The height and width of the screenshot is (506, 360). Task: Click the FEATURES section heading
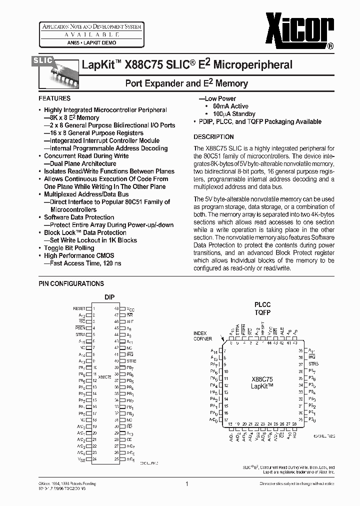[x=54, y=98]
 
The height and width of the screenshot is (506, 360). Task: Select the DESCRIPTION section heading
[x=213, y=136]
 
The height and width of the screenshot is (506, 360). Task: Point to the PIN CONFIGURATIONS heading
[x=71, y=283]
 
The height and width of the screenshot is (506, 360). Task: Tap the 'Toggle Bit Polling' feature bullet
[x=69, y=248]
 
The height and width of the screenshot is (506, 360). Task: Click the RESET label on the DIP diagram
[x=79, y=309]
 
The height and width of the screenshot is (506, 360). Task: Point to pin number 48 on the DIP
[x=116, y=309]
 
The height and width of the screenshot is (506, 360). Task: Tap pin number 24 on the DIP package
[x=94, y=459]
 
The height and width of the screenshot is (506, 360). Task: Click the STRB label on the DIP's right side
[x=131, y=360]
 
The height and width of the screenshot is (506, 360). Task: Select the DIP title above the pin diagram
[x=109, y=297]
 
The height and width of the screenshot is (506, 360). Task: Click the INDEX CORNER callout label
[x=202, y=336]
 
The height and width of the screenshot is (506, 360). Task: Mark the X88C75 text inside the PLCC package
[x=262, y=379]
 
